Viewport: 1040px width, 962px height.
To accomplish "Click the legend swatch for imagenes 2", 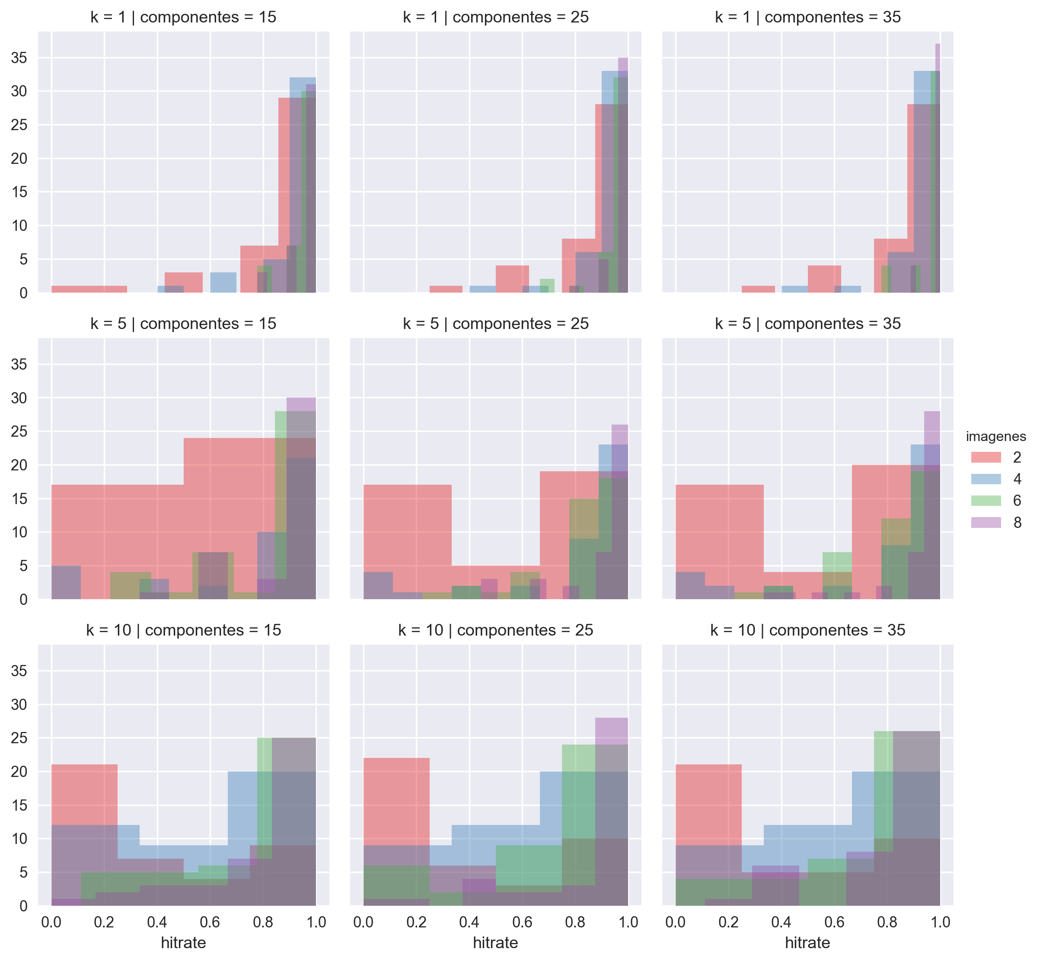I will [986, 457].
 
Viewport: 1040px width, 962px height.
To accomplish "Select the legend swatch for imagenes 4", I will [986, 479].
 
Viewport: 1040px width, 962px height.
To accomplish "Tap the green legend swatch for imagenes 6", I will [986, 501].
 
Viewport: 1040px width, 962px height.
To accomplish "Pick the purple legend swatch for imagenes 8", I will [986, 523].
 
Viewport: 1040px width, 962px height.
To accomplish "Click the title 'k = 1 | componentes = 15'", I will [183, 17].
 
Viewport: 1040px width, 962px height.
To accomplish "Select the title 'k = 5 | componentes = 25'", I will [495, 324].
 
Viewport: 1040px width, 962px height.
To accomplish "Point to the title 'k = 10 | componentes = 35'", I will [807, 630].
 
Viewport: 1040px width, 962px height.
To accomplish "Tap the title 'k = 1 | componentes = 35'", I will [807, 17].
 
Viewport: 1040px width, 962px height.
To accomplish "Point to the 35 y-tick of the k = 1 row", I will [19, 58].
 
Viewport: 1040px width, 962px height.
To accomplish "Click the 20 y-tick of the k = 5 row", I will [19, 465].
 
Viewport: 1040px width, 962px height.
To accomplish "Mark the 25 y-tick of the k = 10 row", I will [19, 738].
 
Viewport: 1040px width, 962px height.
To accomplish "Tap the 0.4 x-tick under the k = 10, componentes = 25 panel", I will [469, 922].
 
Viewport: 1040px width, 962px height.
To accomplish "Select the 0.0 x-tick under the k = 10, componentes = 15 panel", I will [51, 922].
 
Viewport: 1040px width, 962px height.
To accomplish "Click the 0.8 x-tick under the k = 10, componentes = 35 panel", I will [887, 922].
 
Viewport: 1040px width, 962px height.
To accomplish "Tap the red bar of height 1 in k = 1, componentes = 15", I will [89, 289].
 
